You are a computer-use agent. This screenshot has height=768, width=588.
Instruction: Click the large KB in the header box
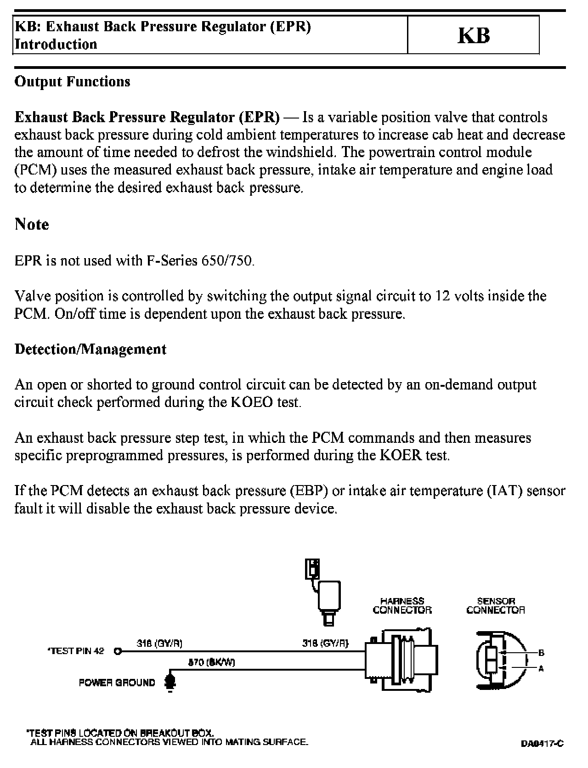[474, 35]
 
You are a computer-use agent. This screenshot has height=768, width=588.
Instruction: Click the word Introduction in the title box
[56, 44]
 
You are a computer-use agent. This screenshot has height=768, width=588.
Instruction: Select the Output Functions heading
[72, 81]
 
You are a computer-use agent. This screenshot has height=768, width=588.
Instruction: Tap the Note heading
[32, 224]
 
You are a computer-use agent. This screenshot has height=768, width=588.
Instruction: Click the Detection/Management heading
[90, 349]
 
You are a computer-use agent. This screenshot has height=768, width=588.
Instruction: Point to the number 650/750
[227, 260]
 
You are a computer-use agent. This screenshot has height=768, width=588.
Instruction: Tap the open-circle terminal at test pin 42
[118, 651]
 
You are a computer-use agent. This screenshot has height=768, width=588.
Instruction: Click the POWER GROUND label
[117, 683]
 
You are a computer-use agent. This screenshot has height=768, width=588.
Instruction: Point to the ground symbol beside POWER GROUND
[170, 682]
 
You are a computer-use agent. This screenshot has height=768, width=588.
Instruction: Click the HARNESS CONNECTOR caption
[402, 605]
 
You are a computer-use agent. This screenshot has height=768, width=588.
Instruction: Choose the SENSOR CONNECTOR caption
[495, 605]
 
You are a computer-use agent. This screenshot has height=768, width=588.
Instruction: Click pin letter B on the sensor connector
[541, 653]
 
